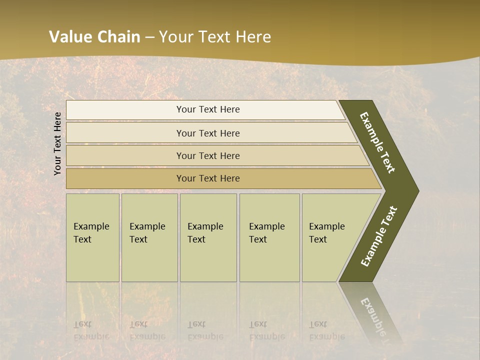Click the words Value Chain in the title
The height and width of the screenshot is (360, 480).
tap(94, 36)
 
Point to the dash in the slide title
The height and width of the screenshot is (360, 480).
tap(149, 37)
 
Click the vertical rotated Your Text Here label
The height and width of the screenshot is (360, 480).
tap(57, 143)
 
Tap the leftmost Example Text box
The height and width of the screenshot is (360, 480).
tap(92, 237)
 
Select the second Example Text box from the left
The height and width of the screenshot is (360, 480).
tap(149, 237)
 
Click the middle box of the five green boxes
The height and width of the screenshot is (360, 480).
tap(208, 237)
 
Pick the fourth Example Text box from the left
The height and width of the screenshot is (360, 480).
tap(269, 237)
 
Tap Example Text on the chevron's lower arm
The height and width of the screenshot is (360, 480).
tap(379, 236)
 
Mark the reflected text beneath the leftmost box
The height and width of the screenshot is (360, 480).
tap(91, 330)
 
